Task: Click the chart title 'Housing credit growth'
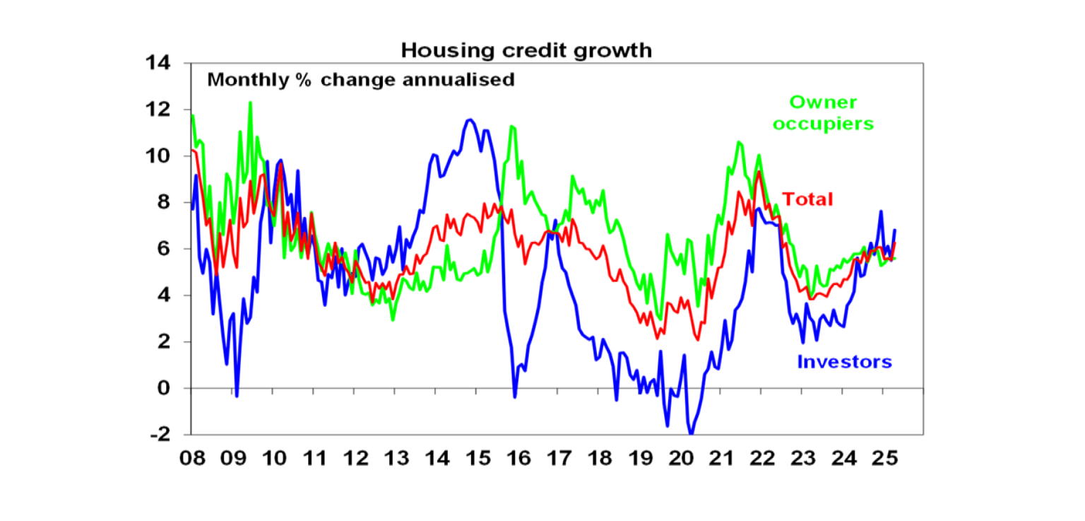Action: point(526,51)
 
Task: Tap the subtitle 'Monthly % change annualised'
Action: point(360,79)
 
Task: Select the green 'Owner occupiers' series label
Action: point(823,113)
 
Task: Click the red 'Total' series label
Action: point(807,199)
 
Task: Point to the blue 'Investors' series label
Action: point(844,362)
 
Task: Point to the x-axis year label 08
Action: point(192,458)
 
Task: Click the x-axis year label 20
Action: point(681,458)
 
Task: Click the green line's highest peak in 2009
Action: point(250,103)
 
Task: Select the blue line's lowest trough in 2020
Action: point(691,433)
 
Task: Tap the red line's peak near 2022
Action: point(759,172)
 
